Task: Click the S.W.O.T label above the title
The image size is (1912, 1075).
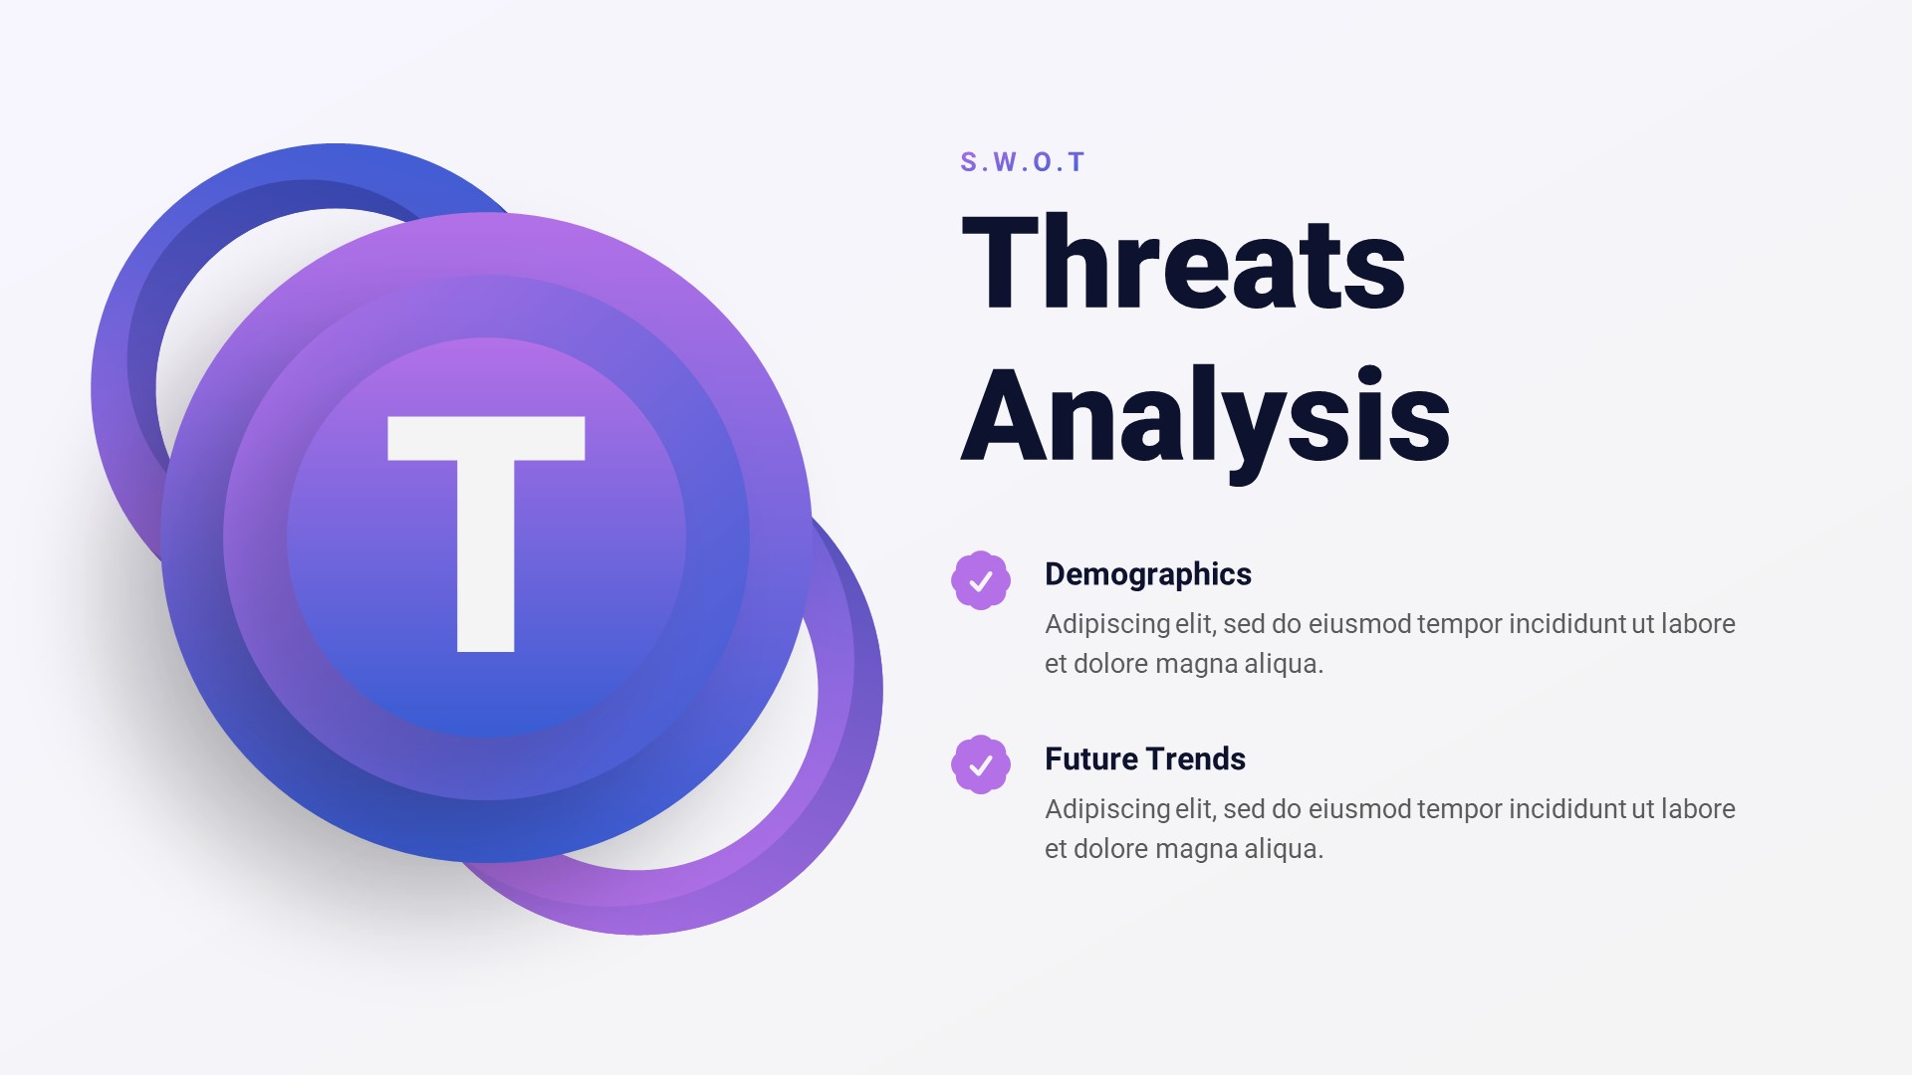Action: tap(1022, 162)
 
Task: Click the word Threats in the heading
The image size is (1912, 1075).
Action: tap(1183, 264)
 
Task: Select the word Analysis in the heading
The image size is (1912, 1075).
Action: tap(1205, 416)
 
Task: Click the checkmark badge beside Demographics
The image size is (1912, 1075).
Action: tap(981, 580)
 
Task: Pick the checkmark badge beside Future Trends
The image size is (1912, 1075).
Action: tap(981, 764)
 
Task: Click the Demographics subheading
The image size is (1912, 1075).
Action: tap(1147, 574)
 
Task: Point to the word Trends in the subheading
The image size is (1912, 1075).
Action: tap(1200, 759)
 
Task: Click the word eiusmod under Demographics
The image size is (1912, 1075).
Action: tap(1359, 624)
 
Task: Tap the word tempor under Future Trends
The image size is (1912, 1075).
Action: tap(1460, 809)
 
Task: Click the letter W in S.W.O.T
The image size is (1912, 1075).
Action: tap(1004, 162)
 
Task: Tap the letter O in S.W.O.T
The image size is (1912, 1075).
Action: tap(1043, 162)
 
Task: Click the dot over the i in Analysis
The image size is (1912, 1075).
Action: tap(1370, 377)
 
